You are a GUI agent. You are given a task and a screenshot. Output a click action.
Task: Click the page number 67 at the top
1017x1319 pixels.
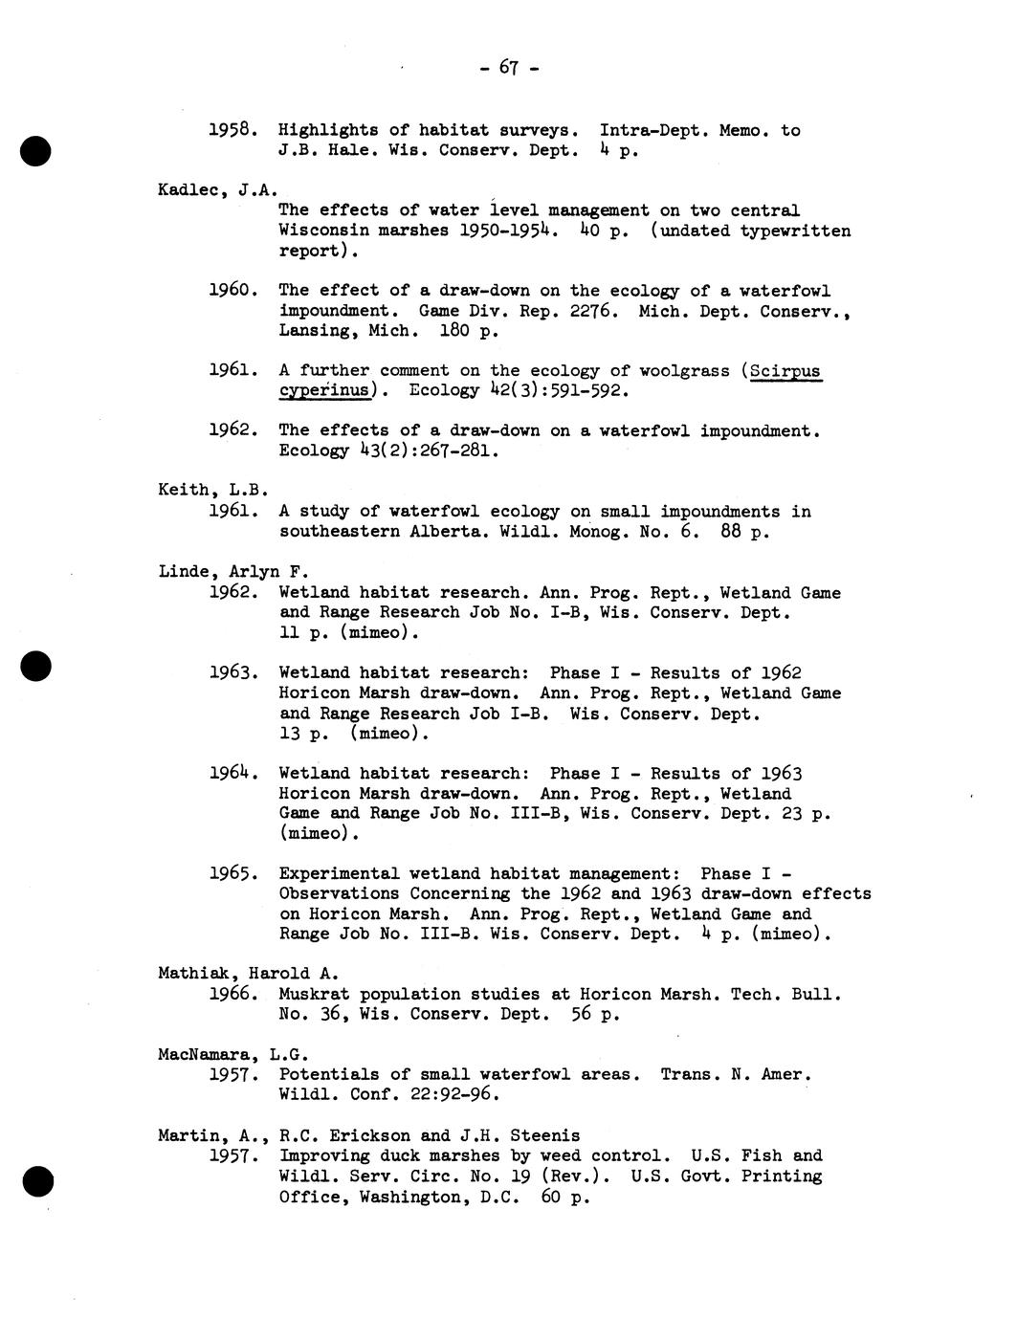pyautogui.click(x=507, y=68)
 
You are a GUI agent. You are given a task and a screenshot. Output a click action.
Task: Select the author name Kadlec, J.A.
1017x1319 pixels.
pyautogui.click(x=217, y=189)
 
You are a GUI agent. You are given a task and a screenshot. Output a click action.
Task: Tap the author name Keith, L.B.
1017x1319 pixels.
pyautogui.click(x=212, y=490)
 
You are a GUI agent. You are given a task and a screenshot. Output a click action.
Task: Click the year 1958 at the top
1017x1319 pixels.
pyautogui.click(x=232, y=129)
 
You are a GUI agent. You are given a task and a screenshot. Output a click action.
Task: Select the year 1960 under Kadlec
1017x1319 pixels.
pyautogui.click(x=232, y=290)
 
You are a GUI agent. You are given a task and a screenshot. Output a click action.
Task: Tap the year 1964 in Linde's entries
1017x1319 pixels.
pyautogui.click(x=232, y=773)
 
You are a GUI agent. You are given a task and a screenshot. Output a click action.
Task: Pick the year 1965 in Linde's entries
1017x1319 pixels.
pyautogui.click(x=232, y=873)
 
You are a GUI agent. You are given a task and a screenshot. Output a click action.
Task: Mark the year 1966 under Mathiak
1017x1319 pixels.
pyautogui.click(x=232, y=994)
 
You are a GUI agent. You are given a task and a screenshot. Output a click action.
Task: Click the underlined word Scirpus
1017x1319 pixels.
pyautogui.click(x=786, y=371)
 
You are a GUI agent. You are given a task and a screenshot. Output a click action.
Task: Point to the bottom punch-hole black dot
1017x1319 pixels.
pyautogui.click(x=35, y=1182)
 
